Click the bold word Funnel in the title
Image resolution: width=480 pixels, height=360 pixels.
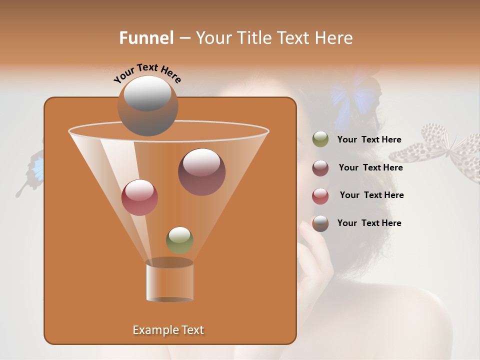[146, 38]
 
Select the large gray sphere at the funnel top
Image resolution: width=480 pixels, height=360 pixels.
[148, 105]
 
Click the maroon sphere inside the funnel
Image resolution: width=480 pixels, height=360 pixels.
[201, 171]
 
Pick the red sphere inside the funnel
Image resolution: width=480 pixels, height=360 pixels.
[139, 197]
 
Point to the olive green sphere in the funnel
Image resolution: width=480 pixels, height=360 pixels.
[179, 240]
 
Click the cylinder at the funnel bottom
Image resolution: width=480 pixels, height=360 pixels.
[169, 281]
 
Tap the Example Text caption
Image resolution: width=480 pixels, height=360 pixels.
[168, 330]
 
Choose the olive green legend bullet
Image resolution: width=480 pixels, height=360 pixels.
[320, 139]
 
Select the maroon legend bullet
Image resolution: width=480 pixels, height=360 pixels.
[320, 168]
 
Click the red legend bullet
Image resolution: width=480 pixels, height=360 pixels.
[320, 196]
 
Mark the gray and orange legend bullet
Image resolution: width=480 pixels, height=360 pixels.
[320, 223]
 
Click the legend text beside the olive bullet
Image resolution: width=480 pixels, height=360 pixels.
[369, 140]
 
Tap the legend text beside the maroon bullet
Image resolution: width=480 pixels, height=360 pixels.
[370, 168]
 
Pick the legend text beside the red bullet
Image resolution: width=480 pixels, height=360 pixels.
[371, 195]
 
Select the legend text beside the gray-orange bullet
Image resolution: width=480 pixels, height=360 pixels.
[369, 223]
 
